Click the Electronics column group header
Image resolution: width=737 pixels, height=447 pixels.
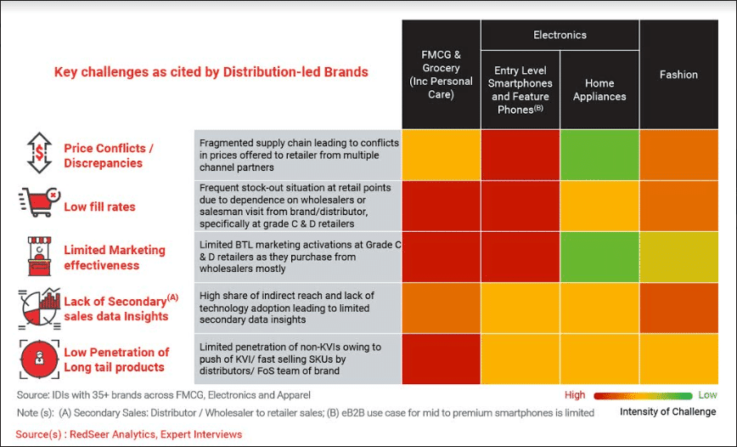(560, 35)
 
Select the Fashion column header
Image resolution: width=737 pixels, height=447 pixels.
(678, 75)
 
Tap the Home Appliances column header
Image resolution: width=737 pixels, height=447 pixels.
(599, 90)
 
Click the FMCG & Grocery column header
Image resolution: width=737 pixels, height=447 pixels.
(441, 75)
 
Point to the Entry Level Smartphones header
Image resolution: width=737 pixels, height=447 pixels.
(520, 90)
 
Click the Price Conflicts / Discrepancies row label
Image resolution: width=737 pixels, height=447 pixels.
(108, 156)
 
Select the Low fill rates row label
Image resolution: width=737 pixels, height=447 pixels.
(99, 207)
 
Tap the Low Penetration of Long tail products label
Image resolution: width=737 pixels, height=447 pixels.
(116, 359)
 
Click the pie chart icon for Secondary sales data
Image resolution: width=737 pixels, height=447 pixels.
(37, 308)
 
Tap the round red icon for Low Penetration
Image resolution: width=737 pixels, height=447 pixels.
(37, 359)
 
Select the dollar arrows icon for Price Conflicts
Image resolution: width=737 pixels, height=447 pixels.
(37, 154)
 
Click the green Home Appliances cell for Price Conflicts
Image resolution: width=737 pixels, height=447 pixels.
(599, 155)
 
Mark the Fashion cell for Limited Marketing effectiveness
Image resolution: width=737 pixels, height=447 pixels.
(678, 257)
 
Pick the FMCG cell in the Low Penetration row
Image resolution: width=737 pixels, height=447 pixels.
(441, 359)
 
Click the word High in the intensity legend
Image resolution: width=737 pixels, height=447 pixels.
(575, 395)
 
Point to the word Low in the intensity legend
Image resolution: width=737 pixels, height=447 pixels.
(706, 395)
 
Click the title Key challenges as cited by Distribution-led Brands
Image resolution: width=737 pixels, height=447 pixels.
(211, 72)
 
